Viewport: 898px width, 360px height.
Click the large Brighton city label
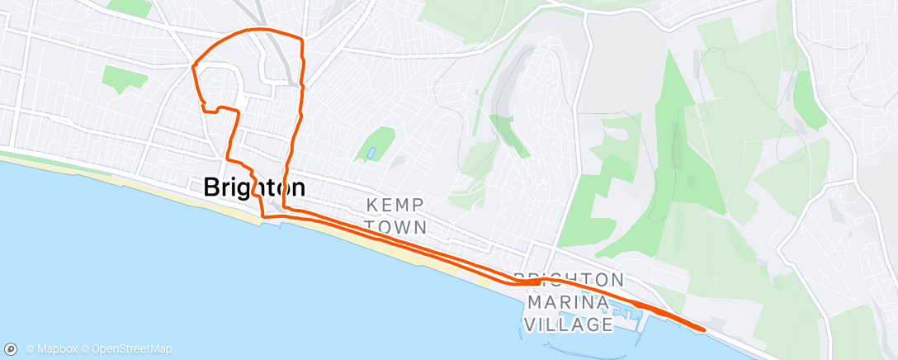(254, 187)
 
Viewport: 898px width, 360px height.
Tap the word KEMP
(396, 205)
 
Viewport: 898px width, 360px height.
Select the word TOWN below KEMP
(396, 226)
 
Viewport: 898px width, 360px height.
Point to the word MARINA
(567, 302)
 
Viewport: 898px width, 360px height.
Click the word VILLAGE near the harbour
(567, 324)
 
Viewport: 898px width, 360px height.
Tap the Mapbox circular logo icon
(12, 349)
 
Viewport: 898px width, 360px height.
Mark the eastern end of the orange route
(703, 329)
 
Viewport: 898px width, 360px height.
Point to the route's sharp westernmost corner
(193, 64)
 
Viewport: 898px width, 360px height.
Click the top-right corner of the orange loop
(301, 39)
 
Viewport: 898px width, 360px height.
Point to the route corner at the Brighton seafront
(263, 216)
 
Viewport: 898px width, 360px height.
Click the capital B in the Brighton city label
(212, 187)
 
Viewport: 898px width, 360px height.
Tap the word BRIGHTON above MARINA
(568, 279)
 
